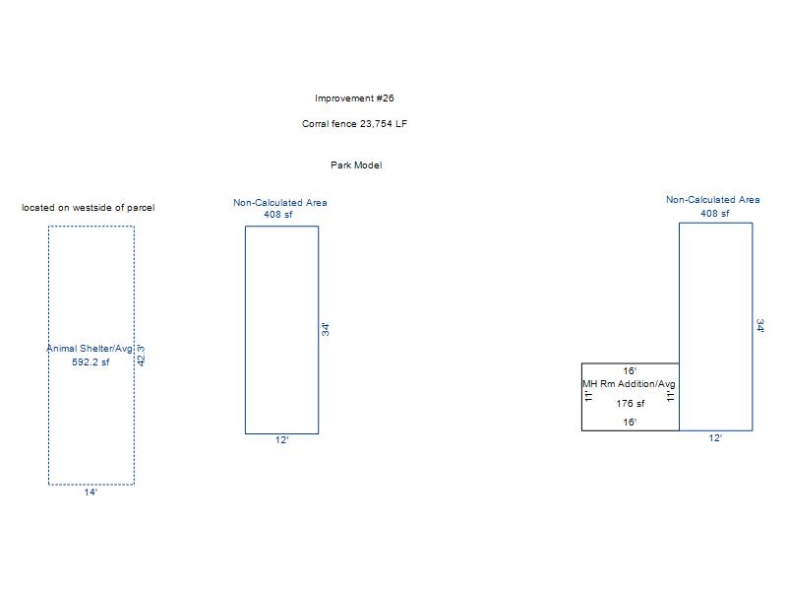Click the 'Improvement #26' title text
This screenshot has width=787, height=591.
coord(354,98)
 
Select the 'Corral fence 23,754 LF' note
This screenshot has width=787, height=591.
coord(354,124)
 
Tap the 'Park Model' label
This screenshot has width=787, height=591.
coord(356,165)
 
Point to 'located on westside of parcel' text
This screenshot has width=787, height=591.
coord(89,208)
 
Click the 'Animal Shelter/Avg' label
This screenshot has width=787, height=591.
coord(90,350)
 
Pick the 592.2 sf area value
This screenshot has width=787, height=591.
coord(91,362)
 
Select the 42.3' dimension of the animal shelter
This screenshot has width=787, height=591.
coord(141,355)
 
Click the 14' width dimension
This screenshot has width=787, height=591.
coord(91,492)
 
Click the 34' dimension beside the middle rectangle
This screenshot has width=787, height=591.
coord(325,329)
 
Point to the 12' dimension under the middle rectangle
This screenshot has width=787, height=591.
coord(281,440)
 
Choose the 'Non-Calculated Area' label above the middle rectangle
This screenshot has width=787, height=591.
coord(280,203)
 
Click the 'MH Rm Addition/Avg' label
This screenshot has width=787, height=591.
coord(629,384)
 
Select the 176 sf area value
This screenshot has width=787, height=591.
coord(631,404)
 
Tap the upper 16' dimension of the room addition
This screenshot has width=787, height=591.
coord(630,371)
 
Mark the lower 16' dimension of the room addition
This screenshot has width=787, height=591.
coord(630,423)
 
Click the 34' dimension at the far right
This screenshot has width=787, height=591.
coord(759,326)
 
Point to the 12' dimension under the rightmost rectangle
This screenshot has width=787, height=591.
coord(715,437)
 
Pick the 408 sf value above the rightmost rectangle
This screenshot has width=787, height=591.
coord(715,214)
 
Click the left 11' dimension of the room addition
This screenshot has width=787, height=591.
coord(589,396)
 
